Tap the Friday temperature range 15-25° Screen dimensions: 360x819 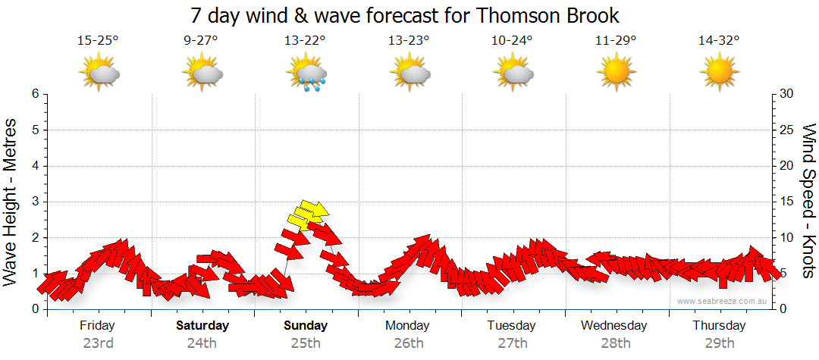click(99, 41)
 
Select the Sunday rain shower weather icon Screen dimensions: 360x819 click(306, 73)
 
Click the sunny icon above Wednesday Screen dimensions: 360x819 click(615, 73)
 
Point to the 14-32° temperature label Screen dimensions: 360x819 click(718, 41)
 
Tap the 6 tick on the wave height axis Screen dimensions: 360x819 click(34, 94)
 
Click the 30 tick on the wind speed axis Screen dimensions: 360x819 click(787, 94)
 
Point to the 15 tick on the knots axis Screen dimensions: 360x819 click(787, 202)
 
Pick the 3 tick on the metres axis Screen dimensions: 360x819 click(34, 202)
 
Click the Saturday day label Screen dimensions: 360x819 click(202, 326)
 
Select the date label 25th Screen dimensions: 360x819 click(306, 343)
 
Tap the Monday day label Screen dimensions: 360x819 click(408, 326)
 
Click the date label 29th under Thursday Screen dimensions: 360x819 click(719, 343)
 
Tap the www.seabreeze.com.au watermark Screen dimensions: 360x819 click(723, 301)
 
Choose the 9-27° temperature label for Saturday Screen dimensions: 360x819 click(202, 41)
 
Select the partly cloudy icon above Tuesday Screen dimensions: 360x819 click(513, 73)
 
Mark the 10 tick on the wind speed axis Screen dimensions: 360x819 click(787, 237)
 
